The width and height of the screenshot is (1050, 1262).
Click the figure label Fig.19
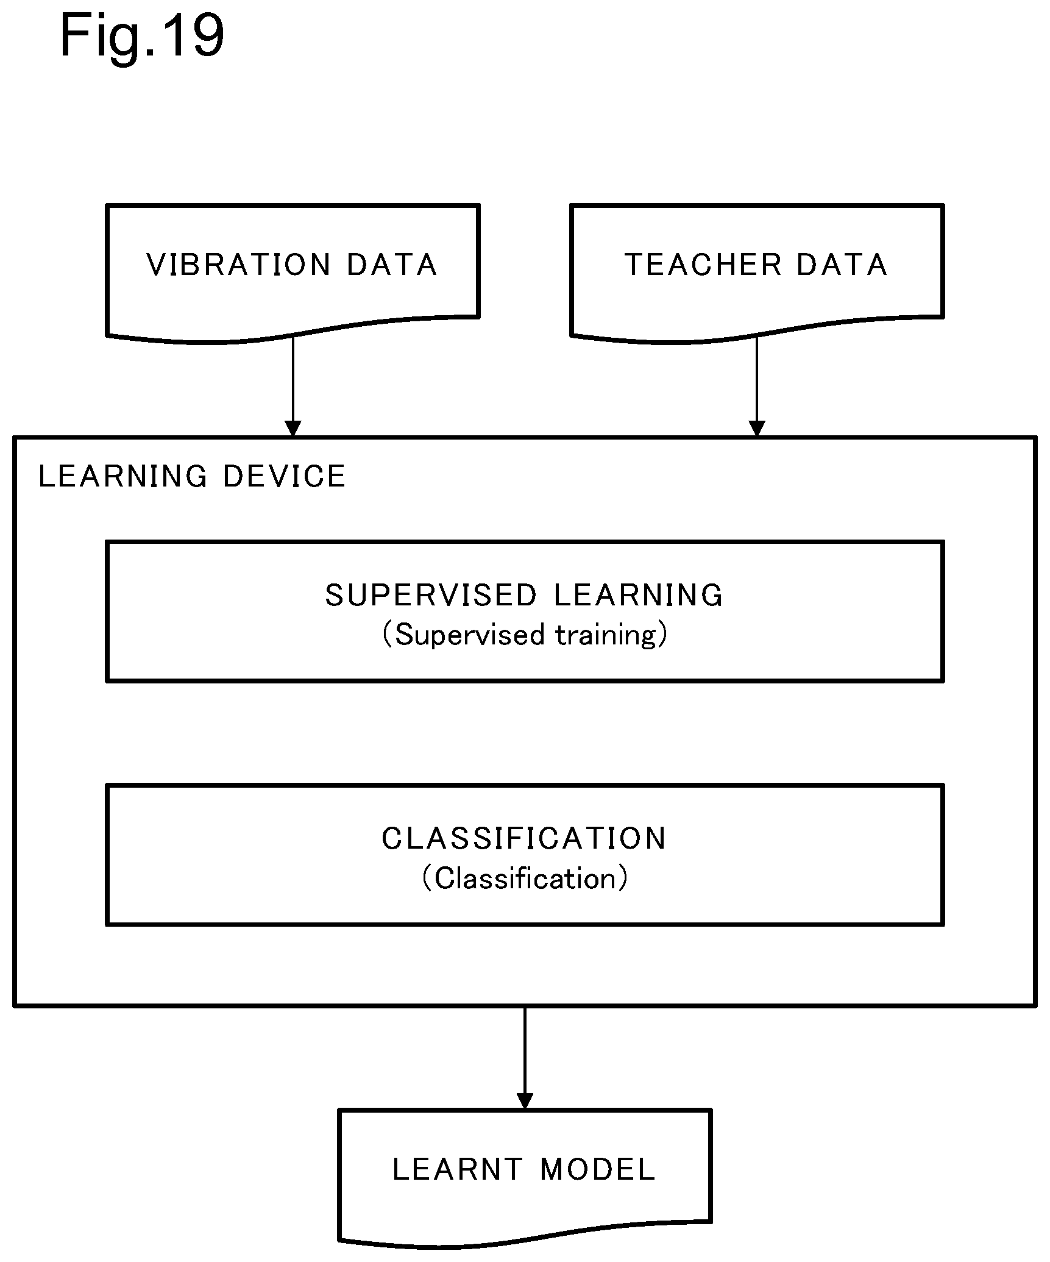tap(142, 38)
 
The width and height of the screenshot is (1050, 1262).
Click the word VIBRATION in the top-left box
tap(239, 265)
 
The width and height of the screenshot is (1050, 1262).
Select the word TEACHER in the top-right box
tap(703, 265)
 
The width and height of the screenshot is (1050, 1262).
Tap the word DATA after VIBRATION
tap(392, 265)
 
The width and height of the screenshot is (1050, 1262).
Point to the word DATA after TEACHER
tap(842, 265)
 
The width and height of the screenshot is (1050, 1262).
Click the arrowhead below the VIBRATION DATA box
tap(293, 429)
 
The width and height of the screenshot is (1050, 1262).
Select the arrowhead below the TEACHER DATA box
tap(757, 429)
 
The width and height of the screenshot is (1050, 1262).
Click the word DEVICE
tap(285, 476)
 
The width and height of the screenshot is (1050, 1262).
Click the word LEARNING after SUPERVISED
tap(639, 595)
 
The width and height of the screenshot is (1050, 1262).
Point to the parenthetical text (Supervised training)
tap(525, 635)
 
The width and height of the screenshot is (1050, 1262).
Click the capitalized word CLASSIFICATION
tap(525, 838)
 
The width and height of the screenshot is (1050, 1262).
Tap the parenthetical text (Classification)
tap(525, 879)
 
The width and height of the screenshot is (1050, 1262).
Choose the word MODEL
tap(598, 1169)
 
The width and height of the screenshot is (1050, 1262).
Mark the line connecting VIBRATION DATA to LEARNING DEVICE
tap(293, 387)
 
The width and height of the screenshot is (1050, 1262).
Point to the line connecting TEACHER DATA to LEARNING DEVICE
tap(757, 387)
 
